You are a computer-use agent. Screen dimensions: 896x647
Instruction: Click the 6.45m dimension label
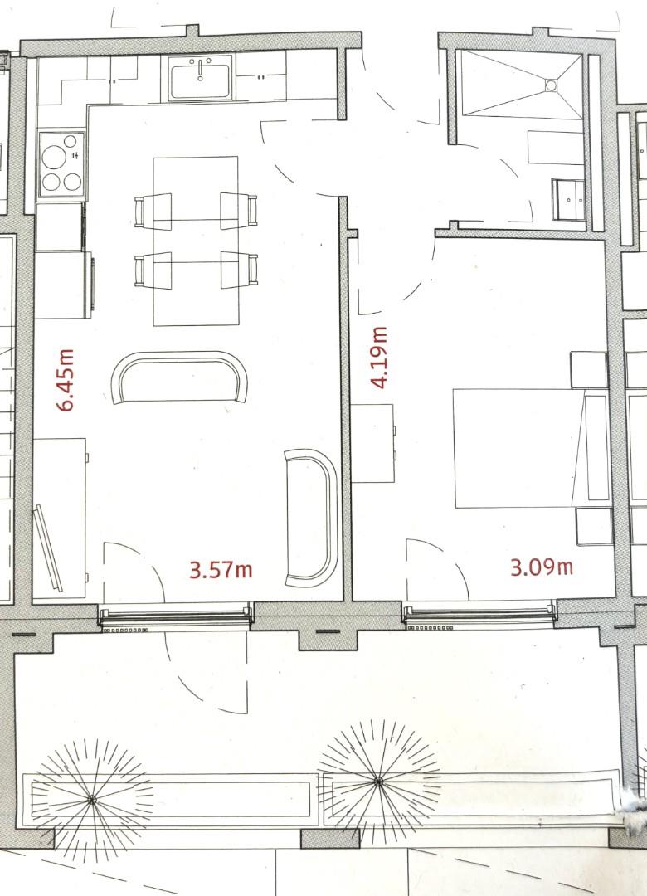(x=66, y=380)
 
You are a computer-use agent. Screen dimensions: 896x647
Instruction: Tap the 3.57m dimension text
(x=221, y=570)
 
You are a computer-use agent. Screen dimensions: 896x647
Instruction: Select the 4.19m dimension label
(x=380, y=357)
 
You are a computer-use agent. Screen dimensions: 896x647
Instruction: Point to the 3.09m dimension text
(x=541, y=567)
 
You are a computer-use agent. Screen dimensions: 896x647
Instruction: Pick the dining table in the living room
(x=196, y=241)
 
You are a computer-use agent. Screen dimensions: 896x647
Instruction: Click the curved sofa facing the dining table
(x=180, y=375)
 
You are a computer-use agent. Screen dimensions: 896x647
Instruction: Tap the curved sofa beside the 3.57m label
(x=311, y=514)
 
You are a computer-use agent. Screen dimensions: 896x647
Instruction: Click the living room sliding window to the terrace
(x=175, y=616)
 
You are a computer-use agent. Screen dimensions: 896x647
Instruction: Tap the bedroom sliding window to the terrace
(x=479, y=615)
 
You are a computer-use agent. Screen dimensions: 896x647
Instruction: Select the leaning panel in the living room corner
(x=49, y=547)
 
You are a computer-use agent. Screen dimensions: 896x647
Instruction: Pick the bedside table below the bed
(x=594, y=526)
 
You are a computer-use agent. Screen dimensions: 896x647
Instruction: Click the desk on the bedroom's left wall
(x=372, y=443)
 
